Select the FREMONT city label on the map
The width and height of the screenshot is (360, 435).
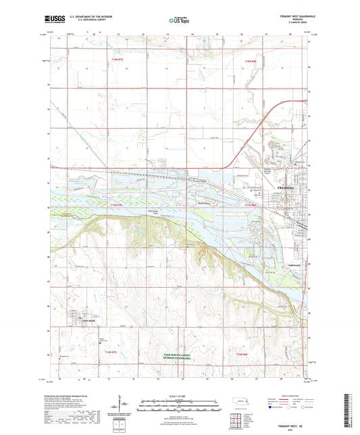tap(286, 187)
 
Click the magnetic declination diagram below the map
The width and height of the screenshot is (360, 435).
tap(124, 405)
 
